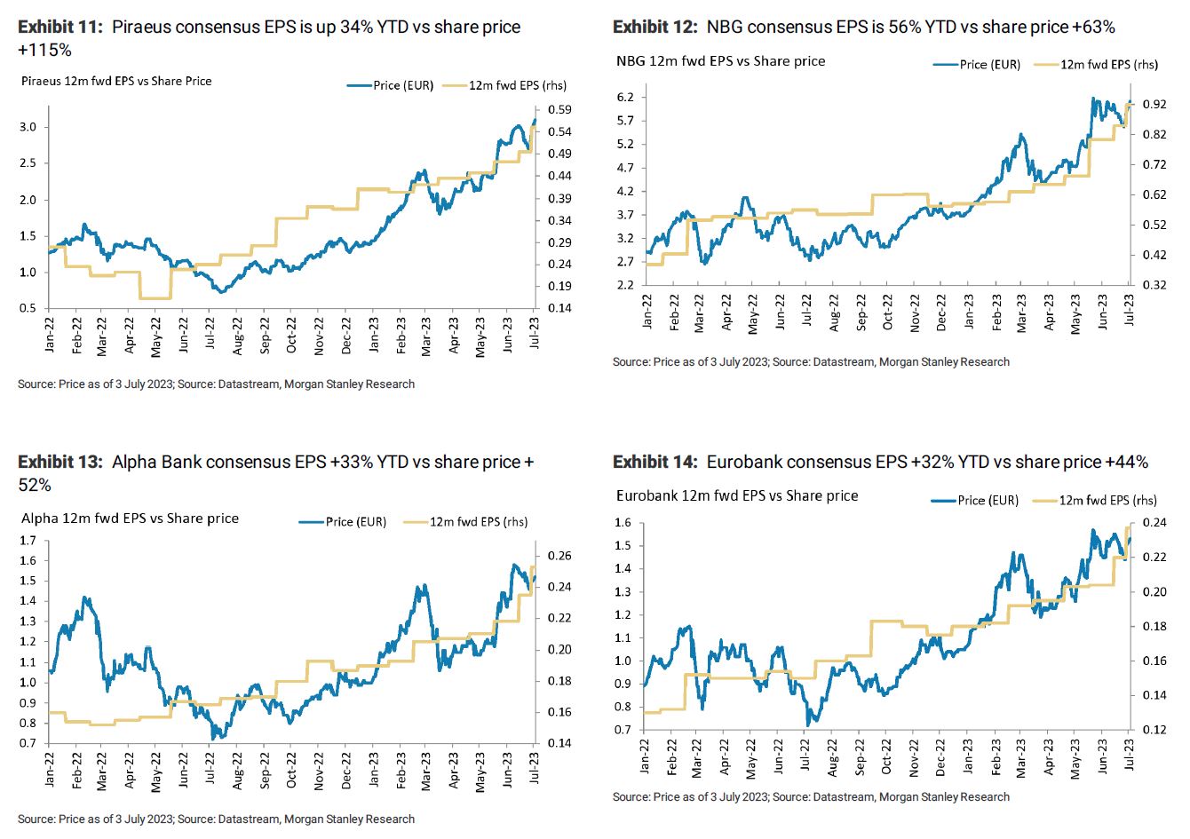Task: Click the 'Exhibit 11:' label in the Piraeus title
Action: [60, 28]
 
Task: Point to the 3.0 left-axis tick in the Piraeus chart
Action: [27, 127]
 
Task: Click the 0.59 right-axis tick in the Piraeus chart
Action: [560, 110]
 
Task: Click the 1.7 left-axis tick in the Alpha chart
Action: [27, 541]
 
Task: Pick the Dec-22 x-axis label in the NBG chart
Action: [941, 313]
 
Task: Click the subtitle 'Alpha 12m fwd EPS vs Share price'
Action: [130, 518]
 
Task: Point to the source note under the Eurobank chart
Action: [811, 797]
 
